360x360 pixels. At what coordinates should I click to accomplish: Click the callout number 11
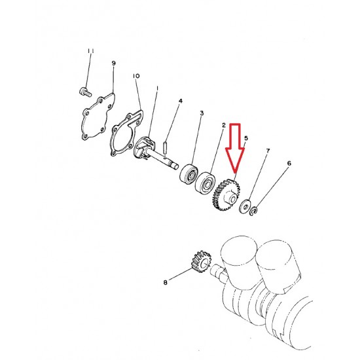(x=91, y=51)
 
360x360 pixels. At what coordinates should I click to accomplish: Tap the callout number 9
(x=114, y=63)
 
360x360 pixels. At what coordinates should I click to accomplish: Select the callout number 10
(x=136, y=76)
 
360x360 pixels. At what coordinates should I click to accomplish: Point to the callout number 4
(x=181, y=101)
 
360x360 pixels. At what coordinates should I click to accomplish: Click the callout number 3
(x=202, y=113)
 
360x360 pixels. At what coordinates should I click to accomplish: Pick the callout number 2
(x=224, y=126)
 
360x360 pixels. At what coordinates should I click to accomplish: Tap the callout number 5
(x=246, y=138)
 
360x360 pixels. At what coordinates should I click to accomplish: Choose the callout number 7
(x=268, y=151)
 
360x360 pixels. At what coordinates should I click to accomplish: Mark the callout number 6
(x=289, y=163)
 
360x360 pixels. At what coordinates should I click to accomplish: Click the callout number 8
(x=166, y=282)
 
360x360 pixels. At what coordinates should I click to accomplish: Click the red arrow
(x=235, y=148)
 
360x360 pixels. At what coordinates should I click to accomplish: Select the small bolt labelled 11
(x=85, y=92)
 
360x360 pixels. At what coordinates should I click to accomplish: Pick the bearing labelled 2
(x=205, y=183)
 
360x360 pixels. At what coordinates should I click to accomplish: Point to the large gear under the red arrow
(x=226, y=195)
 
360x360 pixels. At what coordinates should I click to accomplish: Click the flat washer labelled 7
(x=245, y=206)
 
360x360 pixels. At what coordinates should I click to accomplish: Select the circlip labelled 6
(x=253, y=211)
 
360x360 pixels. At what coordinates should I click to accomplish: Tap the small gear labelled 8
(x=201, y=262)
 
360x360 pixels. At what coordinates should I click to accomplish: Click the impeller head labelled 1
(x=145, y=147)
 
